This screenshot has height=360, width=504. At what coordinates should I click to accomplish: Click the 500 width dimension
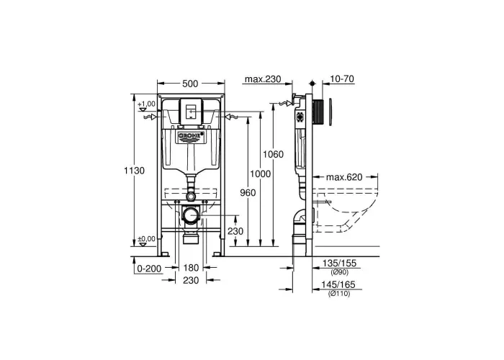point(190,84)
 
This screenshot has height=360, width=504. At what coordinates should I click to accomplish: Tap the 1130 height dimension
point(135,171)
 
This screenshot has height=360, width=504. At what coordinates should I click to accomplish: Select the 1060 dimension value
point(273,154)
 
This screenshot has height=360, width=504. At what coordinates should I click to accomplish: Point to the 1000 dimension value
point(261,174)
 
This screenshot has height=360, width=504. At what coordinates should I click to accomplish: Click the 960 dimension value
point(248,192)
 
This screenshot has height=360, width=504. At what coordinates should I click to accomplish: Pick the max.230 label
point(263,78)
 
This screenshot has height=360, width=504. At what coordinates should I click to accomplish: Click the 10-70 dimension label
point(342,78)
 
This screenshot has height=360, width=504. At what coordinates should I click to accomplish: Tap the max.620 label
point(344,177)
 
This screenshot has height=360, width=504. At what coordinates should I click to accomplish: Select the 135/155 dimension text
point(339,264)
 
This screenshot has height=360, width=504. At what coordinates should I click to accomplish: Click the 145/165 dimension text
point(338,284)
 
